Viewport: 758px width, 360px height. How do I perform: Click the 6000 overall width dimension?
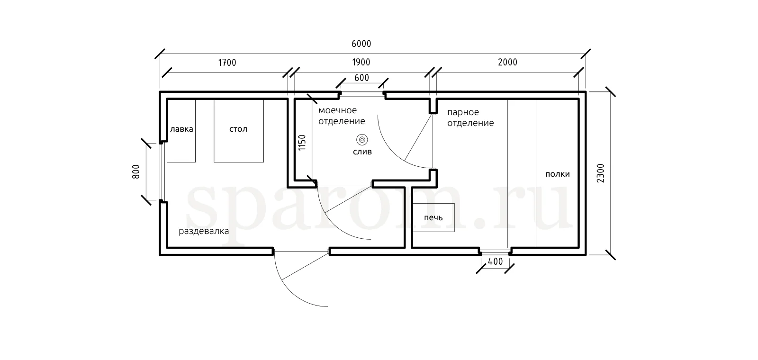point(361,44)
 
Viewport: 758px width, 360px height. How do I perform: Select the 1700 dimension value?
point(227,63)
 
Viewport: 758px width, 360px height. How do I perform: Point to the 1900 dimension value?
point(361,62)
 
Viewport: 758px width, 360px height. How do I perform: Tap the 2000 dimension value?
point(507,62)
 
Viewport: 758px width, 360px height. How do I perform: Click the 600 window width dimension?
point(362,78)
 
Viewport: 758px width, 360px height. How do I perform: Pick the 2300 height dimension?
point(600,173)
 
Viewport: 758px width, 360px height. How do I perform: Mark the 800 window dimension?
point(135,172)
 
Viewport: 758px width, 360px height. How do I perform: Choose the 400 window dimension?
point(496,261)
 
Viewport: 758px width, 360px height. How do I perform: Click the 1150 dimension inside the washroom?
point(302,143)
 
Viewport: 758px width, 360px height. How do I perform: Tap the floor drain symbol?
point(362,139)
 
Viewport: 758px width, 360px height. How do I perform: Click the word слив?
point(362,152)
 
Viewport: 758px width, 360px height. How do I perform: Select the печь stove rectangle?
point(433,217)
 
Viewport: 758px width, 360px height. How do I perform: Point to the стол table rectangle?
point(239,131)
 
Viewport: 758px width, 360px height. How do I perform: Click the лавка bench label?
point(181,129)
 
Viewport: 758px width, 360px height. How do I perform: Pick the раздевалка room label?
point(204,231)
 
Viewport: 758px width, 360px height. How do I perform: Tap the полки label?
point(557,174)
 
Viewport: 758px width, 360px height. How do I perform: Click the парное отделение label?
point(471,117)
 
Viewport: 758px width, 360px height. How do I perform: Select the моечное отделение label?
point(342,116)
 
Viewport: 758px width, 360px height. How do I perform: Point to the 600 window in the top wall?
point(362,94)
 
